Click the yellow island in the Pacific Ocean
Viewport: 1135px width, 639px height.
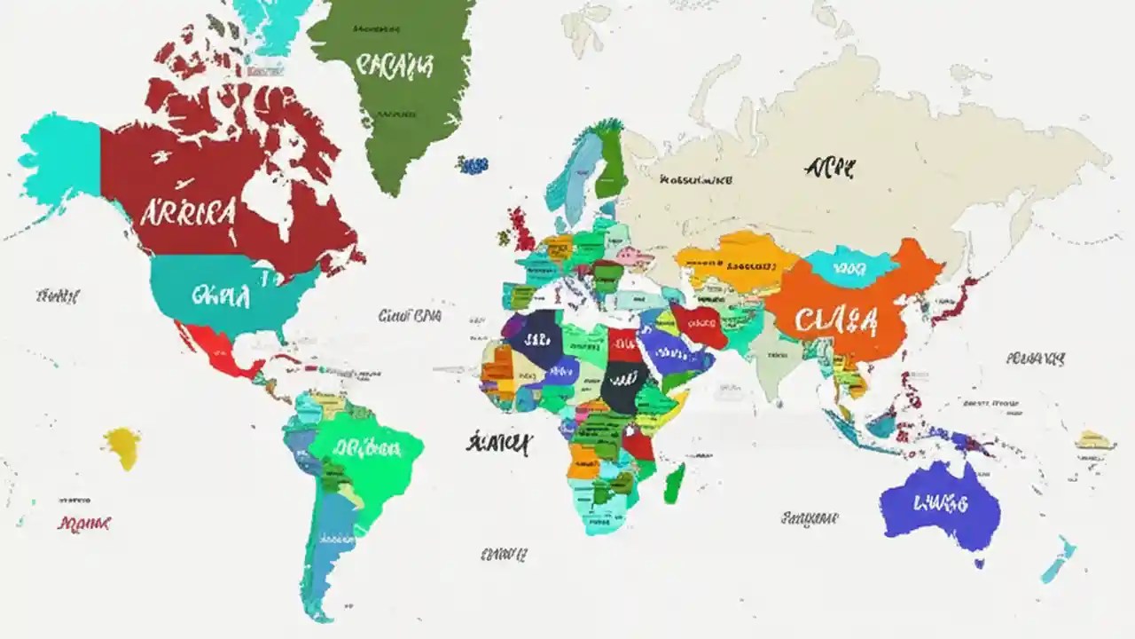(x=122, y=446)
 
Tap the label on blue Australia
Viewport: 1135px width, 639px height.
(x=939, y=504)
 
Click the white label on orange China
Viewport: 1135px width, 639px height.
(x=836, y=320)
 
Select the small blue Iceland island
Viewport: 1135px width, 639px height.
(x=473, y=164)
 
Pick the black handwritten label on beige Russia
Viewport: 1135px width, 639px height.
(x=831, y=167)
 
